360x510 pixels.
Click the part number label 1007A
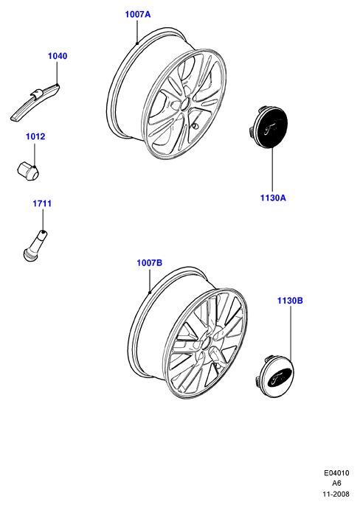pos(138,14)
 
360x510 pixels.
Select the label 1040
pos(58,56)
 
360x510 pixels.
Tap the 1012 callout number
pos(35,136)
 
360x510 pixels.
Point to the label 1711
pos(42,203)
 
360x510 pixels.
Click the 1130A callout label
pos(273,198)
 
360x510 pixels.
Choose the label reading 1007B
pos(150,263)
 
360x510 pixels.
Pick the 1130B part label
pos(290,301)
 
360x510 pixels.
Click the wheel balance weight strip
pos(35,102)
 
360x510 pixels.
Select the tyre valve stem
pos(35,245)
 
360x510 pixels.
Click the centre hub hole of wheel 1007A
pos(184,105)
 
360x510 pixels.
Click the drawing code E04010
pos(336,473)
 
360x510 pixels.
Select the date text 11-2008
pos(336,494)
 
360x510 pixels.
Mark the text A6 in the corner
pos(336,483)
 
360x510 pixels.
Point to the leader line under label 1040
pos(57,73)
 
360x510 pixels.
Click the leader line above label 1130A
pos(272,170)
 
